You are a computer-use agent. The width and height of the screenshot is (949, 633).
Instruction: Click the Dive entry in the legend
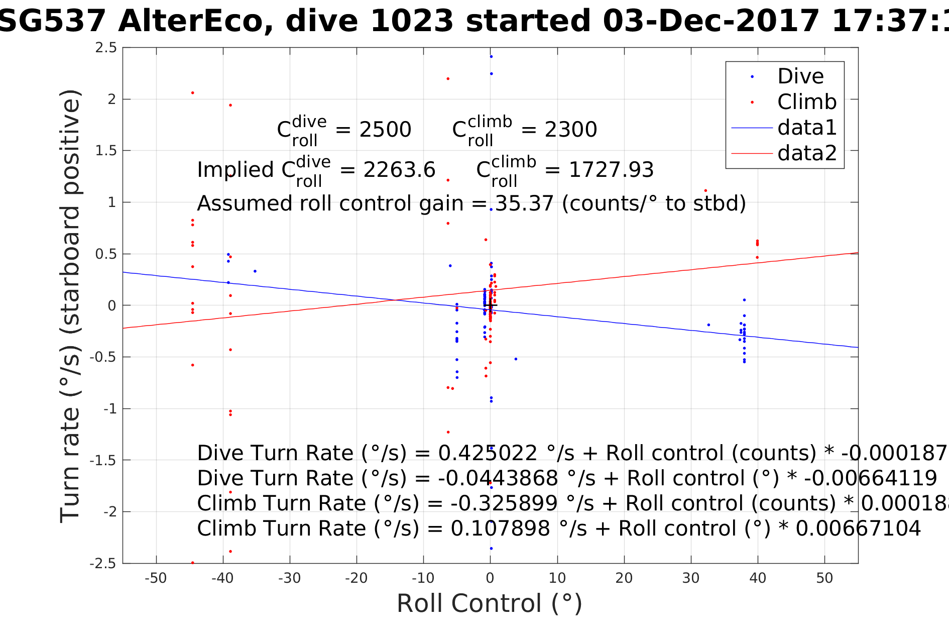tap(800, 77)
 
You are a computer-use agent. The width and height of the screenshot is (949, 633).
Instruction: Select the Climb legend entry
tap(806, 102)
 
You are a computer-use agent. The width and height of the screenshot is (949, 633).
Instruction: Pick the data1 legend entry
tap(807, 128)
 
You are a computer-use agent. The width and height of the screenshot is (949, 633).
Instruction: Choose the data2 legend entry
tap(807, 153)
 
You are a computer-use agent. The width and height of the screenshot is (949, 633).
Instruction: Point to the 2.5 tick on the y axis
tap(106, 48)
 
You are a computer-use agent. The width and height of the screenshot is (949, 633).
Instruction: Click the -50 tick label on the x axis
tap(156, 578)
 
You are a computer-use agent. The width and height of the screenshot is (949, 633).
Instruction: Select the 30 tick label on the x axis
tap(691, 578)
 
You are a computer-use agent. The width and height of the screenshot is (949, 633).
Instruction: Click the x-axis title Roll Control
tap(490, 604)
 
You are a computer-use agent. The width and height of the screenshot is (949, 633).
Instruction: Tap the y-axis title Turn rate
tap(70, 306)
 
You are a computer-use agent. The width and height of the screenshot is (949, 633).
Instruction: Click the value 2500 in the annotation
tap(385, 130)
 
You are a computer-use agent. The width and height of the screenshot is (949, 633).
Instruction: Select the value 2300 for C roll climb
tap(571, 130)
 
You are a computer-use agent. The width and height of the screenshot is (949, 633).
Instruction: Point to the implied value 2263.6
tap(399, 170)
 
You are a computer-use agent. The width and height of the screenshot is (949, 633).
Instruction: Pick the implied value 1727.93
tap(611, 170)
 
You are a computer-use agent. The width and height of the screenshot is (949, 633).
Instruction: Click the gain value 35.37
tap(524, 204)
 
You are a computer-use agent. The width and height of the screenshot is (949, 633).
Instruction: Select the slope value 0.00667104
tap(858, 529)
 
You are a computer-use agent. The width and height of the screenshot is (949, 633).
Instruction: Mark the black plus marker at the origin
tap(490, 305)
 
